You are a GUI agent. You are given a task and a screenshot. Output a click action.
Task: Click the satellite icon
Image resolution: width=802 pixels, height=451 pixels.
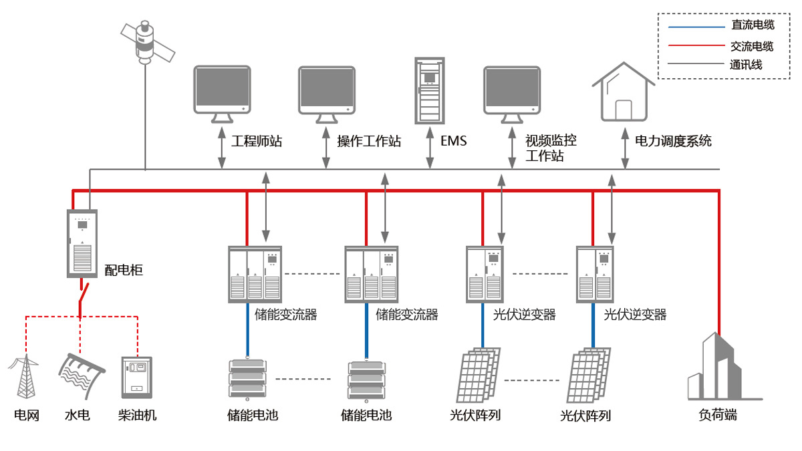point(146,42)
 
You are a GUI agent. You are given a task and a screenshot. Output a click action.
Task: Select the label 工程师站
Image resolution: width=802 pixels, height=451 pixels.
point(257,142)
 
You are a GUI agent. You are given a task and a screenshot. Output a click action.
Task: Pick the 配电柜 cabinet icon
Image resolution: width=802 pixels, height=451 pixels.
point(82,243)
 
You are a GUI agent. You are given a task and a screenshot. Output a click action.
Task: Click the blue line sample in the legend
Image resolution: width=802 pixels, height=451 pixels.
point(696,27)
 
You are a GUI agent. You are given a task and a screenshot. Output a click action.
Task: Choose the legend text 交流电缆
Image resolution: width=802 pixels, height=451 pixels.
point(752,47)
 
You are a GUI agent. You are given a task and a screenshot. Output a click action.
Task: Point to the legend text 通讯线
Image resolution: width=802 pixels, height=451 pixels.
point(746,65)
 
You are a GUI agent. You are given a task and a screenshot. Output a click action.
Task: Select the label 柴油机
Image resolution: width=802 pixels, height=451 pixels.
point(137,416)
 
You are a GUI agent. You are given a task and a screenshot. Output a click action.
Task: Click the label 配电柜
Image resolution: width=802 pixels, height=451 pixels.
point(124,271)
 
